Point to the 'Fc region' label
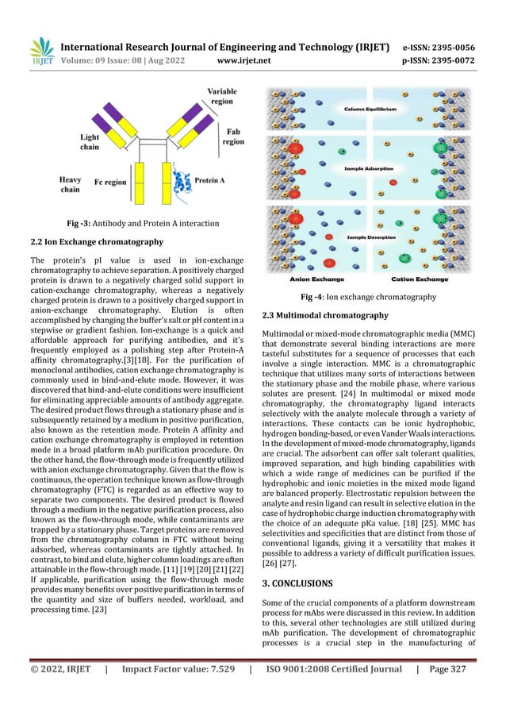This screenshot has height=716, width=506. pos(110,182)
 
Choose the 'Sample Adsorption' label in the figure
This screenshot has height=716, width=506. pos(370,169)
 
